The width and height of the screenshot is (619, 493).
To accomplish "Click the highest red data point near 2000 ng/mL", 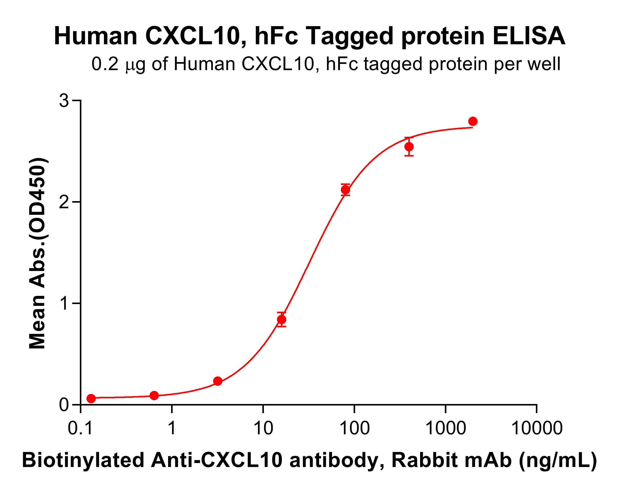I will click(472, 121).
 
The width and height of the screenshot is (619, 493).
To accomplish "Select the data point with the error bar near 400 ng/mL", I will click(409, 147).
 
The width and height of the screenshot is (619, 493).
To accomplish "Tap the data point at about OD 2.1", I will click(345, 190).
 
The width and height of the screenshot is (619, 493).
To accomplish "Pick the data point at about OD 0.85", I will click(282, 320).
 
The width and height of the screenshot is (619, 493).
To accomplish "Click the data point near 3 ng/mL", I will click(218, 381).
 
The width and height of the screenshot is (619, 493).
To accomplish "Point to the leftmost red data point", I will click(91, 398).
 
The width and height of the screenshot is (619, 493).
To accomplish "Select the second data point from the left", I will click(154, 396).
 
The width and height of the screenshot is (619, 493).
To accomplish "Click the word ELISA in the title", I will click(529, 37).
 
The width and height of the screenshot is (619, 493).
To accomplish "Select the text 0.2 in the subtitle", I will click(104, 64).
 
